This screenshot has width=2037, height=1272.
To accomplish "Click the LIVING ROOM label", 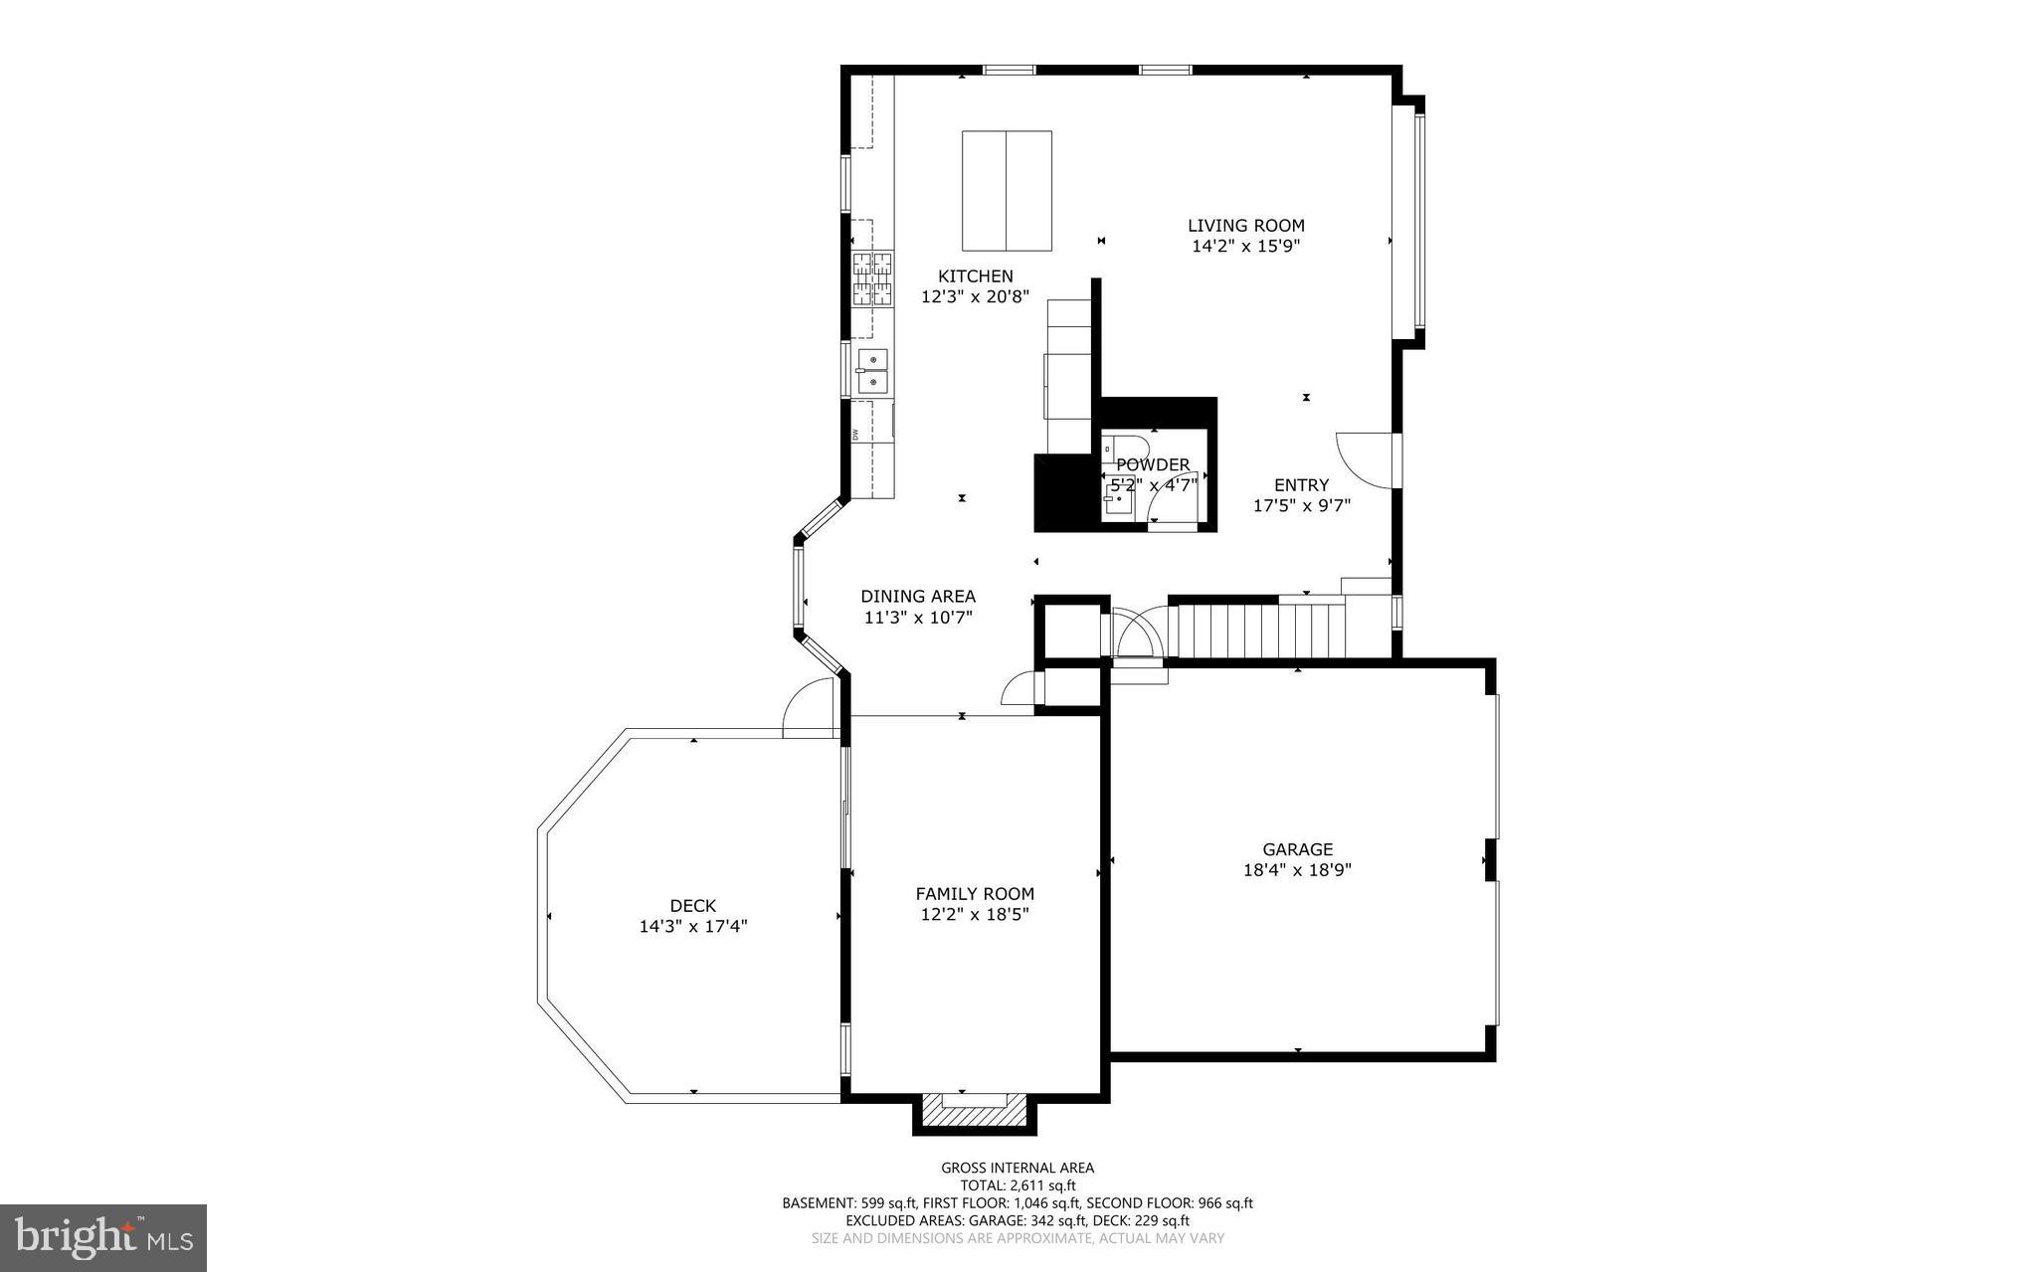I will pos(1245,226).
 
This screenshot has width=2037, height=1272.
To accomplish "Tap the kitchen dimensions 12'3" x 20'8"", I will pos(975,296).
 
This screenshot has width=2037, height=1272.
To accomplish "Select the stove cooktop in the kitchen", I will pos(872,278).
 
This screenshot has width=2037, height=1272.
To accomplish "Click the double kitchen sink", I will pos(872,370).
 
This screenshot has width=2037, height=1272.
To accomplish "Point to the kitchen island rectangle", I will pos(1007,190).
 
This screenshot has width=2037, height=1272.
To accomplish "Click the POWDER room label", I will pos(1153,464).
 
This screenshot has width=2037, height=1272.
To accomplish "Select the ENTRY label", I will pos(1301,484).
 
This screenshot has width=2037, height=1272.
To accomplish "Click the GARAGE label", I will pos(1297,849).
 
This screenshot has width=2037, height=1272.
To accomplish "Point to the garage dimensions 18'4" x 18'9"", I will pos(1297,870).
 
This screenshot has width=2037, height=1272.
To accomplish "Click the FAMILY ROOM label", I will pos(975,894).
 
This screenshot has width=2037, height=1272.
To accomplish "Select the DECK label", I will pos(692,905).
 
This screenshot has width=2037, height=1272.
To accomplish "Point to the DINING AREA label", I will pos(917,596).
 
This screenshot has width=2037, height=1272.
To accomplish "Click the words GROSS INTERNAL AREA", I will pos(1018,1168).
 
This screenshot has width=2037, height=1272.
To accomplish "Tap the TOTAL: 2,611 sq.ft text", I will pos(1018,1185).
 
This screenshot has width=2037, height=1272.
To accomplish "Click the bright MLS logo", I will pos(103,1237).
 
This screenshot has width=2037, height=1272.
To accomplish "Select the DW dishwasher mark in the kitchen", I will pos(855,434).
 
